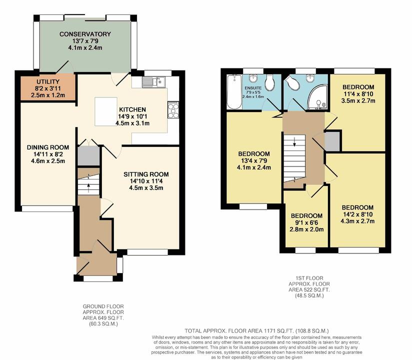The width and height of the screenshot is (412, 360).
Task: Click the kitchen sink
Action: pyautogui.click(x=153, y=82)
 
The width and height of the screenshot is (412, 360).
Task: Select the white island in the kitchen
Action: pyautogui.click(x=106, y=107)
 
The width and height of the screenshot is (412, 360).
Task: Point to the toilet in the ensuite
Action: pyautogui.click(x=270, y=82)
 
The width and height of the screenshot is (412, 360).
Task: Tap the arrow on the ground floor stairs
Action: pyautogui.click(x=88, y=186)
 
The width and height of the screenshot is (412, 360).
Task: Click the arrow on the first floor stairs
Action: pyautogui.click(x=294, y=142)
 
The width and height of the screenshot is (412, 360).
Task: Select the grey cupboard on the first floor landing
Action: pyautogui.click(x=331, y=141)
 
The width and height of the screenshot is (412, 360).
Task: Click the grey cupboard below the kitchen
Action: pyautogui.click(x=88, y=155)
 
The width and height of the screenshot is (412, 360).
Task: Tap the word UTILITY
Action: pyautogui.click(x=48, y=81)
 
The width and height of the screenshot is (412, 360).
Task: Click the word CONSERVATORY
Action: pyautogui.click(x=85, y=34)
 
